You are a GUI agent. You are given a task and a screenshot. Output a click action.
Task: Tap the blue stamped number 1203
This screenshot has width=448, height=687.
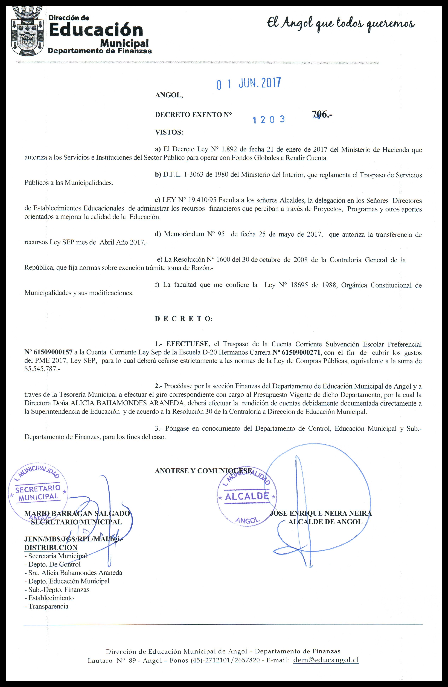269,119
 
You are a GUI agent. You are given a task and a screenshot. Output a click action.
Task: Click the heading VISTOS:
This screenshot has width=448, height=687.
169,133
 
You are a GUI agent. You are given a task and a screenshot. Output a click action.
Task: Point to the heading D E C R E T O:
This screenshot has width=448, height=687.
184,319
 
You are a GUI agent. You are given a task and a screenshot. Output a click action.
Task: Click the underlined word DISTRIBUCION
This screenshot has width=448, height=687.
51,548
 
